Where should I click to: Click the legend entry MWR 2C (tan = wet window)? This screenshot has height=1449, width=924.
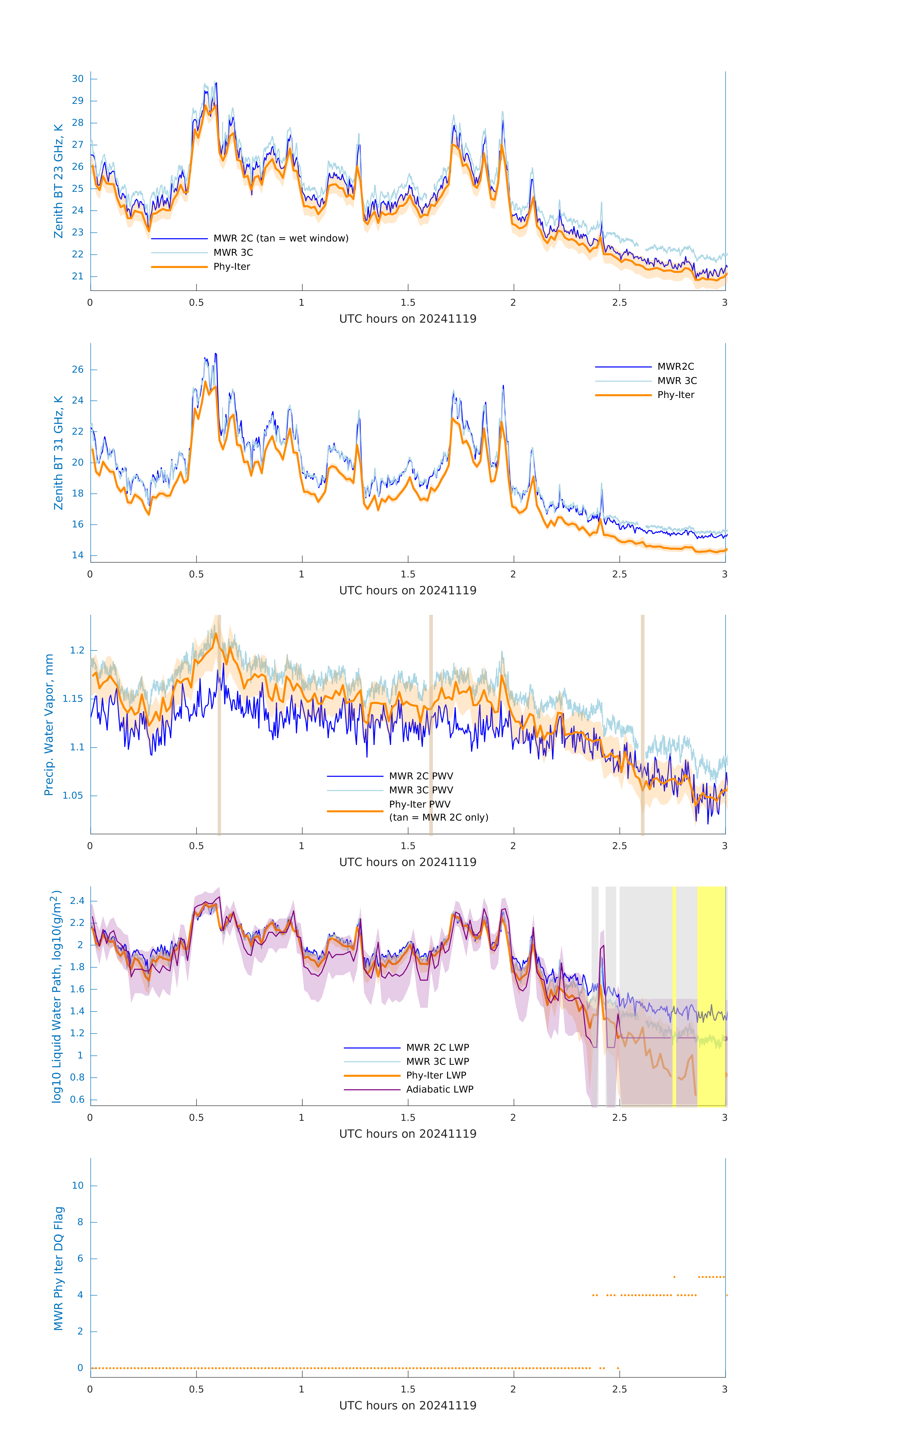point(280,238)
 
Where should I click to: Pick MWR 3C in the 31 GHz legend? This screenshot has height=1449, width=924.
point(677,381)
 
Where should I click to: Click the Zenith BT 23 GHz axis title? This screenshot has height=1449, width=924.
point(58,181)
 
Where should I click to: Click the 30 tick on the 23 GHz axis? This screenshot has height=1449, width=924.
point(78,79)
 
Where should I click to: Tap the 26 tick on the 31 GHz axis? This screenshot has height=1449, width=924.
point(78,369)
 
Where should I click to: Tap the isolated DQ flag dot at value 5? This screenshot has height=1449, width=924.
point(674,1277)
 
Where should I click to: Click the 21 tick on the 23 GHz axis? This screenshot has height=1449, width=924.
point(78,276)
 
